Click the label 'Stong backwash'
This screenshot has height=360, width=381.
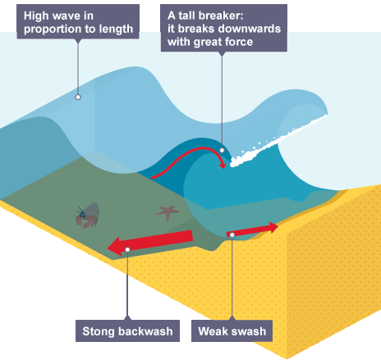point(127,332)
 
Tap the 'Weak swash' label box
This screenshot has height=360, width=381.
point(233,332)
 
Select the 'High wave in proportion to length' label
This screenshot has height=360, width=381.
point(78,22)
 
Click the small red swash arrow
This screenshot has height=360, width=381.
point(253,229)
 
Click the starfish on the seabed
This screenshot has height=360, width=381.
point(168,212)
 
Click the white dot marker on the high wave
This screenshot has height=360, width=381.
point(78,97)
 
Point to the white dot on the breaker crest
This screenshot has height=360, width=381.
point(222,150)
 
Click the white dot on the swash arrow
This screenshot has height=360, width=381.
point(233,235)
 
